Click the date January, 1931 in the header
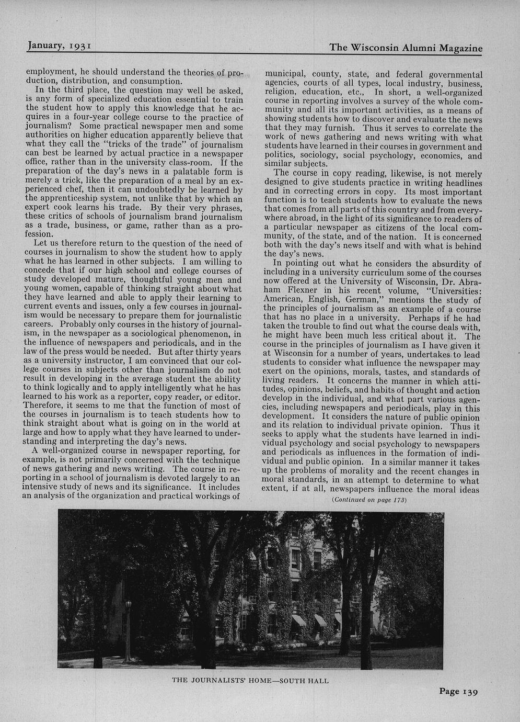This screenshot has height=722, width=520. click(60, 46)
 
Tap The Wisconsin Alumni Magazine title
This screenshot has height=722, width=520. click(406, 48)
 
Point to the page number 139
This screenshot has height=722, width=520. click(458, 692)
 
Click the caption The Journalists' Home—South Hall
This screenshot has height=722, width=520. click(251, 681)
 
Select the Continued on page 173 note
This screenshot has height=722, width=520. click(369, 500)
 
